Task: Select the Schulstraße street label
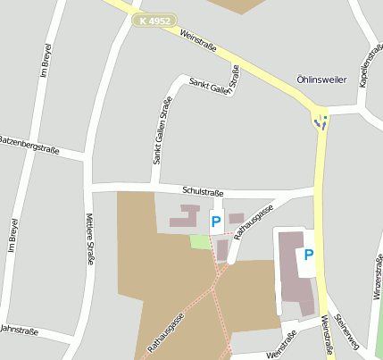[203, 191]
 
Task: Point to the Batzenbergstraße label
[29, 146]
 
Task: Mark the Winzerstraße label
[377, 278]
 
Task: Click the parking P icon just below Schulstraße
[215, 222]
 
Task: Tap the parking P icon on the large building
[309, 255]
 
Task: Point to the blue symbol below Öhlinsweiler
[321, 121]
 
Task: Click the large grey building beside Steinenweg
[296, 272]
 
